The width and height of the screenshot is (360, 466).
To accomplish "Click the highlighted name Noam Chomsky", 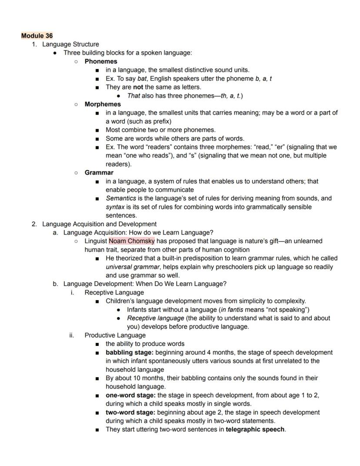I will point(131,241).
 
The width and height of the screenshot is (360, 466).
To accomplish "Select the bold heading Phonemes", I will point(101,61).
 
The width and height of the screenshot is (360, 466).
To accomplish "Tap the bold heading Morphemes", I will point(103,104).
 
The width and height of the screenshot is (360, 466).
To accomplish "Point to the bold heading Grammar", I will point(99,173).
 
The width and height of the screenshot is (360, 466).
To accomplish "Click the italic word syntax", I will point(115,207).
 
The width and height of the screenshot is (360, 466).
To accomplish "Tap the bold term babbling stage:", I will point(129,352).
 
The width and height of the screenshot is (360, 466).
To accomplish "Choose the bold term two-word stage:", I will point(130,412).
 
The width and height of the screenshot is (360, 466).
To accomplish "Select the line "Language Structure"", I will point(70,44).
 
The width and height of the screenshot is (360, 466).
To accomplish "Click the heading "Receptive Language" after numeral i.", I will point(114,292).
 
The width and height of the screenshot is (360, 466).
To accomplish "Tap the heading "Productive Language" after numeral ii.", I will point(115,335).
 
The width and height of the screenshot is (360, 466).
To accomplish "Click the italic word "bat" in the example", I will point(142,79).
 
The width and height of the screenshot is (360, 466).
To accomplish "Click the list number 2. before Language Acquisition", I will point(34,224).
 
